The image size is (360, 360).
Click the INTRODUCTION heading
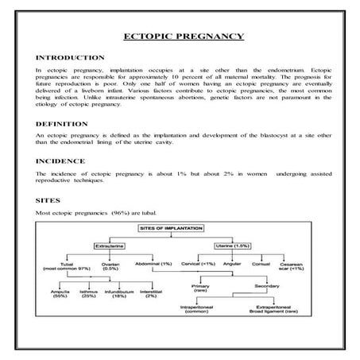click(71, 58)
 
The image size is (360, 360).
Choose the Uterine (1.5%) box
click(229, 243)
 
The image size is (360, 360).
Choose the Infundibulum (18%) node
click(118, 292)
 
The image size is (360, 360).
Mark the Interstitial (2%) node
click(150, 292)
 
